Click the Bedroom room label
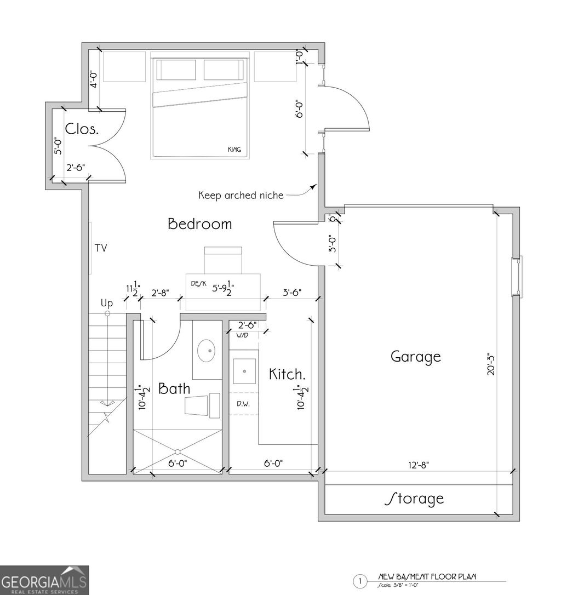[x=199, y=224]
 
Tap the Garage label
[x=415, y=357]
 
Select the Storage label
[x=415, y=499]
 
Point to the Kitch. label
[x=287, y=374]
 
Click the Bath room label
[x=174, y=388]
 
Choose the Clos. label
[x=82, y=129]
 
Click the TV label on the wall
[x=101, y=248]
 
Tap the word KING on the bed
[x=234, y=150]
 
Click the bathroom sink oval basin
[x=207, y=351]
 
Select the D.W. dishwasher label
[x=243, y=404]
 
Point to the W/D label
[x=242, y=335]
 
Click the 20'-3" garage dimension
[x=491, y=363]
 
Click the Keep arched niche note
[x=241, y=195]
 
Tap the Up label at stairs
[x=106, y=303]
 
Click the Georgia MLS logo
[x=44, y=580]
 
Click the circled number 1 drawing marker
[x=360, y=581]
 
